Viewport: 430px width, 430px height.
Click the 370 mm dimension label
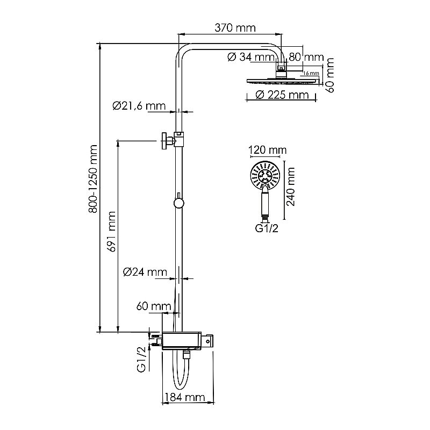click(235, 28)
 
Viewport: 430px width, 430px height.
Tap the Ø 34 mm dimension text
click(251, 57)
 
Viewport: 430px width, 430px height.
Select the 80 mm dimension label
click(306, 57)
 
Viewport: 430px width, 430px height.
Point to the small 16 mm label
click(311, 73)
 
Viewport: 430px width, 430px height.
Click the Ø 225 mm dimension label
click(282, 95)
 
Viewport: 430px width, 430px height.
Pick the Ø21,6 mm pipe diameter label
click(139, 106)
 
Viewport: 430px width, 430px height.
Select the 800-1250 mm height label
click(93, 179)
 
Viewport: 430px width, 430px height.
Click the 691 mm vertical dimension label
click(112, 231)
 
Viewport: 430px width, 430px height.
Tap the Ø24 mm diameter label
click(145, 272)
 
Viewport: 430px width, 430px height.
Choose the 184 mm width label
click(185, 397)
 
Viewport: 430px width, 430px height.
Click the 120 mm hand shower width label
click(267, 150)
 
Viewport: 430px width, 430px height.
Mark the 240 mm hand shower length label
click(290, 187)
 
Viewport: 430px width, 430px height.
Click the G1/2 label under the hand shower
click(267, 228)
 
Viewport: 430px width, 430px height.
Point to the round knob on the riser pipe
click(179, 203)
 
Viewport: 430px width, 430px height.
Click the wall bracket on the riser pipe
click(173, 141)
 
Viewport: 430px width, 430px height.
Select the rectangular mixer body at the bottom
click(182, 341)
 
